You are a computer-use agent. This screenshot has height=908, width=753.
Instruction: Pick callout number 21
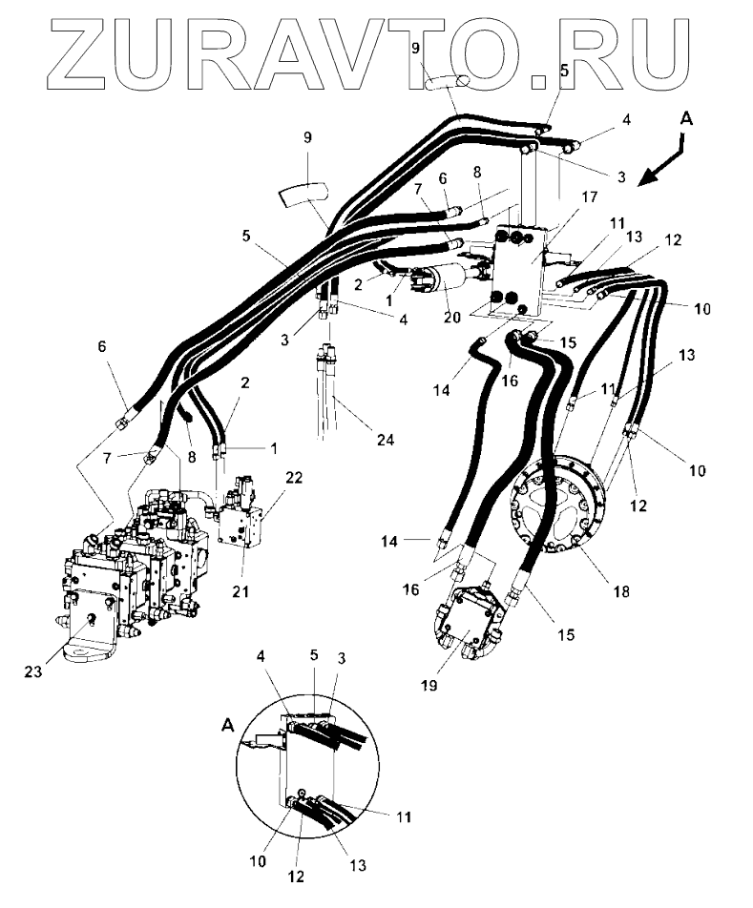click(x=240, y=591)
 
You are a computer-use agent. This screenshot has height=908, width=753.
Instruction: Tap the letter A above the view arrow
click(x=686, y=118)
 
